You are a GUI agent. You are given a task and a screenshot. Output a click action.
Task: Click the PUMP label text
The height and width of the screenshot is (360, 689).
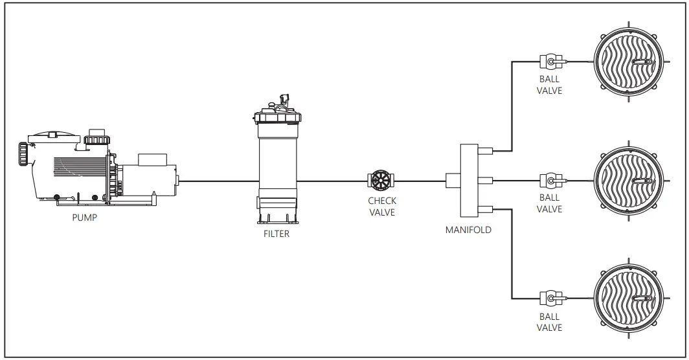[x=84, y=218]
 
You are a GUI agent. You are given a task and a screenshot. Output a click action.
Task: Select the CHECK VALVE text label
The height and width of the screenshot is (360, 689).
[x=382, y=207]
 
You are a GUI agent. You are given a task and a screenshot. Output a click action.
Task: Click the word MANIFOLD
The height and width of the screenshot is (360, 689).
[x=468, y=229]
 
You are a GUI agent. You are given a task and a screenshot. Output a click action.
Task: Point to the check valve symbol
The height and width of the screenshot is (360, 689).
[x=379, y=180]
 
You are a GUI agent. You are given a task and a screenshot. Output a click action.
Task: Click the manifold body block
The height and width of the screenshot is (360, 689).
[x=468, y=180]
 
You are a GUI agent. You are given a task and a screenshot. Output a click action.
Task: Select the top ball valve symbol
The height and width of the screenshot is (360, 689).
[x=550, y=62]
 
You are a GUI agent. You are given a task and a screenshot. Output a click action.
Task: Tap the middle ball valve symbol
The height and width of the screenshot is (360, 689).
[x=550, y=180]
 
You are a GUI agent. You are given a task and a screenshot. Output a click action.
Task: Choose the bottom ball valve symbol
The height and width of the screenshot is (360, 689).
[x=550, y=298]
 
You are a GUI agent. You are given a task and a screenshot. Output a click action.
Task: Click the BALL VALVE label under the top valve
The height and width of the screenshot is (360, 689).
[x=550, y=85]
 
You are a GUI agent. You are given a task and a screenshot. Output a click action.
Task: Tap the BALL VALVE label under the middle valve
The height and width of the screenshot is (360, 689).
[x=550, y=203]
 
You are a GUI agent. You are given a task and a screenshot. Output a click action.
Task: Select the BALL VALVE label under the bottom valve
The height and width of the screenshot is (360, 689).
[x=550, y=322]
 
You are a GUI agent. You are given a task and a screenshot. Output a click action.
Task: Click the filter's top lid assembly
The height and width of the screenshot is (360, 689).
[x=277, y=111]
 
